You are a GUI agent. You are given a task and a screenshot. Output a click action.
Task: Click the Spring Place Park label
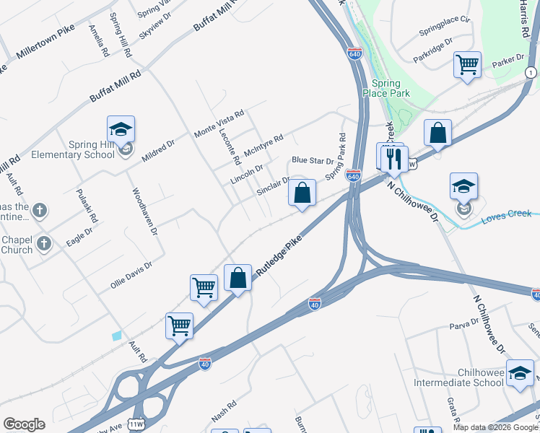click(x=391, y=88)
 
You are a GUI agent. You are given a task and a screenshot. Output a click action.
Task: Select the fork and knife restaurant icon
click(x=393, y=159)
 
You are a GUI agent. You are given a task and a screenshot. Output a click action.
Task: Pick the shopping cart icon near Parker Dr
click(x=468, y=64)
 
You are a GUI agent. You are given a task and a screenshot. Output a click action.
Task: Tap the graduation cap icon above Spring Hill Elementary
click(x=121, y=130)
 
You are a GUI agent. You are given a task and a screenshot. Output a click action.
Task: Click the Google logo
click(x=24, y=424)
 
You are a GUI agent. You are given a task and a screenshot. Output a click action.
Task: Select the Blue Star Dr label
click(x=313, y=160)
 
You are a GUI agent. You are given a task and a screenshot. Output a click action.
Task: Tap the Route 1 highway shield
click(x=531, y=72)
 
